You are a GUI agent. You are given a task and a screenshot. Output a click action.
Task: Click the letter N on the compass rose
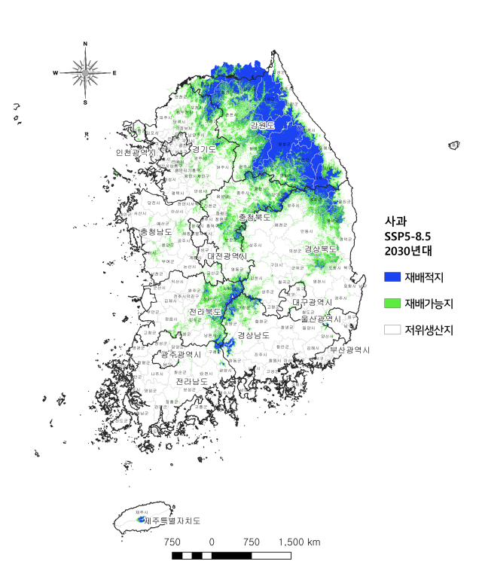(85, 44)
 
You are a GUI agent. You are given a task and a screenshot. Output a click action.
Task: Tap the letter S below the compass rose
(85, 102)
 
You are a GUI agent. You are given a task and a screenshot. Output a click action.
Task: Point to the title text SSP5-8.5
(408, 237)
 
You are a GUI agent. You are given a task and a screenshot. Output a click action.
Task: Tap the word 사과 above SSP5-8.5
(395, 223)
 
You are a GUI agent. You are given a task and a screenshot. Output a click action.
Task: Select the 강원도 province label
(263, 126)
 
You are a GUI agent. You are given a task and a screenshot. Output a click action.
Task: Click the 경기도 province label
(204, 150)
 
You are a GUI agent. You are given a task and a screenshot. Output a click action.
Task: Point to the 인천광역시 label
(136, 153)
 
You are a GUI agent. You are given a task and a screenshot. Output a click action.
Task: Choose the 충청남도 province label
(156, 232)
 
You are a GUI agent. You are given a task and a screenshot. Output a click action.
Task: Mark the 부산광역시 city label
(349, 350)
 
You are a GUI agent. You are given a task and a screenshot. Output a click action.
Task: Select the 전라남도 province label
(192, 382)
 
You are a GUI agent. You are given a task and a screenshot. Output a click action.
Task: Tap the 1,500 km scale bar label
(299, 542)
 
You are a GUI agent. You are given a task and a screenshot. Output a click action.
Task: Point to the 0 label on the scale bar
(212, 542)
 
